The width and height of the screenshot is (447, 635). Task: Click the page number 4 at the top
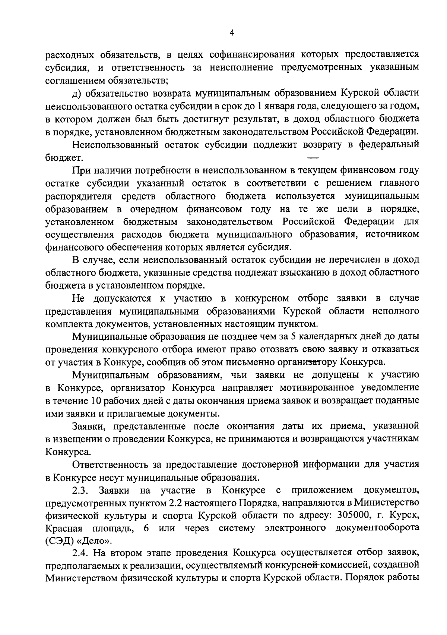pyautogui.click(x=231, y=33)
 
